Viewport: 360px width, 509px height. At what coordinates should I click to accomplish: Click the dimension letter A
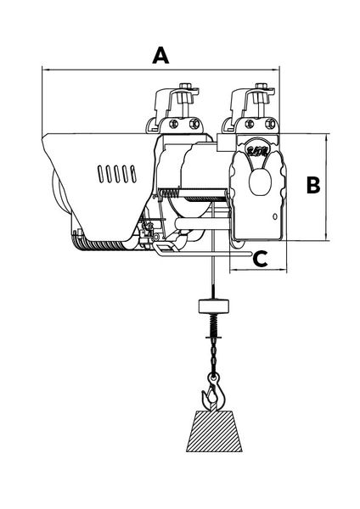coord(160,55)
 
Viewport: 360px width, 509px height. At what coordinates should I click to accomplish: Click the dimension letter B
coord(313,185)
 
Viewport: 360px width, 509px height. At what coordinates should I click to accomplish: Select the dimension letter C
coord(260,259)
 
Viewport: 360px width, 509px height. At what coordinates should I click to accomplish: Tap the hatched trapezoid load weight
coord(214,431)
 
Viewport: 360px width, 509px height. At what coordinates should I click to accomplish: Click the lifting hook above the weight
coord(213,394)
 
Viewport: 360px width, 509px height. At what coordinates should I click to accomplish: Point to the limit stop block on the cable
coord(213,306)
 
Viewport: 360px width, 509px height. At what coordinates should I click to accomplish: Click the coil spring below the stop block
coord(213,325)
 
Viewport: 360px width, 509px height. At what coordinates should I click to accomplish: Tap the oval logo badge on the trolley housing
coord(257,151)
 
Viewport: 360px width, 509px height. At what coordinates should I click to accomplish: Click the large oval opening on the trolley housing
coord(260,182)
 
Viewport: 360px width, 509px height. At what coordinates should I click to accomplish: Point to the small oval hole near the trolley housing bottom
coord(275,216)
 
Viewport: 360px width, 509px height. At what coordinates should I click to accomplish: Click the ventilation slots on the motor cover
coord(116,174)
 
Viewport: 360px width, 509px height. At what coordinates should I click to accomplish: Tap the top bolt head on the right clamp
coord(262,86)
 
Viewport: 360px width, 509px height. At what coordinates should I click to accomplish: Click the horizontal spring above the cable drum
coord(170,193)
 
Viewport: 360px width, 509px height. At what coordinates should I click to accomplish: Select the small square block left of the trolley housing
coord(225,143)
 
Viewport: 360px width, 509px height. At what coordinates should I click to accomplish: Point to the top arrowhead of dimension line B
coord(325,137)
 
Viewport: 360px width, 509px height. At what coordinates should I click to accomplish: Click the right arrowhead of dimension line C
coord(284,270)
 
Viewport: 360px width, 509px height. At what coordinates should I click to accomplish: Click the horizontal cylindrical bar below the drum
coord(202,224)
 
